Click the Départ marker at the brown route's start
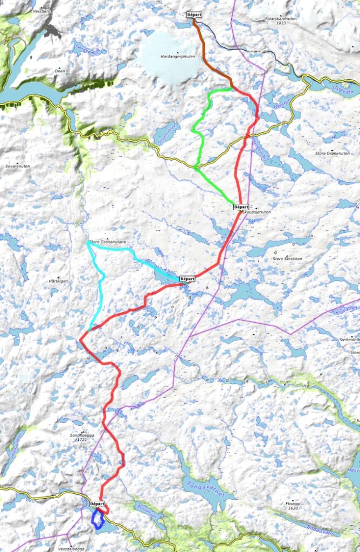pyautogui.click(x=194, y=15)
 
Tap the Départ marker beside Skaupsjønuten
pyautogui.click(x=241, y=206)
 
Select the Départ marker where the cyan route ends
pyautogui.click(x=186, y=279)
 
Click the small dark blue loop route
pyautogui.click(x=98, y=520)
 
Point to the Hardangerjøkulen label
pyautogui.click(x=176, y=56)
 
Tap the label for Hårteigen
pyautogui.click(x=58, y=281)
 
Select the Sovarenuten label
pyautogui.click(x=17, y=167)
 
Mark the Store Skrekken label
pyautogui.click(x=287, y=259)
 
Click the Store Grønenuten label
pyautogui.click(x=333, y=154)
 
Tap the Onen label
pyautogui.click(x=59, y=71)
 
